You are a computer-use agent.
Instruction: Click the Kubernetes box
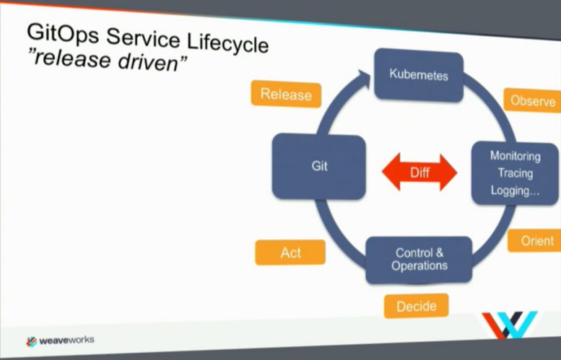click(419, 74)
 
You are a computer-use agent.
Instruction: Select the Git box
click(319, 166)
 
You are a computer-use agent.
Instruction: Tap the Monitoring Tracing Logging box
click(516, 173)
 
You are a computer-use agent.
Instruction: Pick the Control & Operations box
click(419, 260)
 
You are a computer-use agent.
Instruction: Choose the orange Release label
click(286, 95)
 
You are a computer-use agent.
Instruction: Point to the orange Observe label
click(532, 100)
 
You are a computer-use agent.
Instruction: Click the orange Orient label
click(536, 241)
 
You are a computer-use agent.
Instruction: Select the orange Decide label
click(416, 305)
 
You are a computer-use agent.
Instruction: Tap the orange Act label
click(290, 253)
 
